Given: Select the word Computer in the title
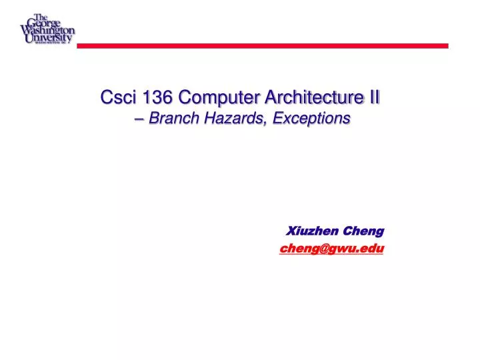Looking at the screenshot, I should coord(213,98).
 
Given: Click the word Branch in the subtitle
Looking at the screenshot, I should coord(173,119).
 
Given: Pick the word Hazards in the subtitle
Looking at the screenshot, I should coord(227,119).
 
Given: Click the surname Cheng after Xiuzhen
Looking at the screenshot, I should coord(363,231).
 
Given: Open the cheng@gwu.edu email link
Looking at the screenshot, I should coord(332,248).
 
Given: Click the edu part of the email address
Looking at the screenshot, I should coord(373,248).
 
